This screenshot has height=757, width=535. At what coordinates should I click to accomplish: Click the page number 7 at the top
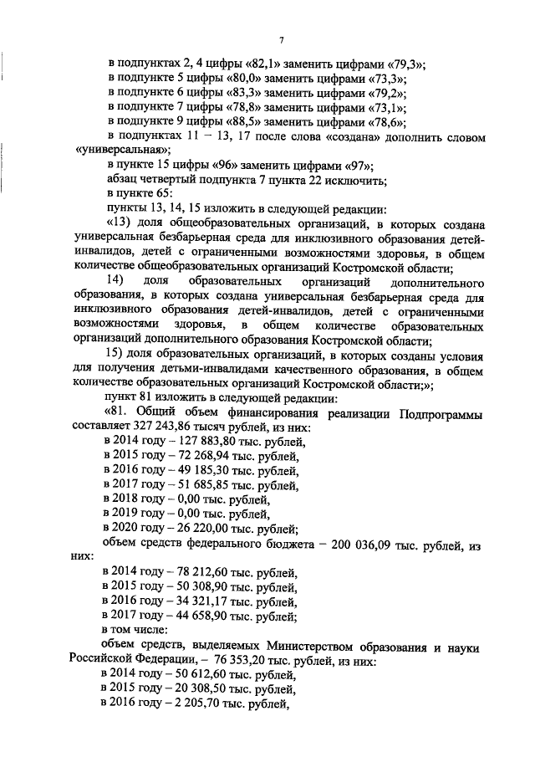click(282, 38)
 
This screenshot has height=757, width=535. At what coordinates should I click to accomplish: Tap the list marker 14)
click(115, 283)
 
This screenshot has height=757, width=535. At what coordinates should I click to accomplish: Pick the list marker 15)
click(115, 355)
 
